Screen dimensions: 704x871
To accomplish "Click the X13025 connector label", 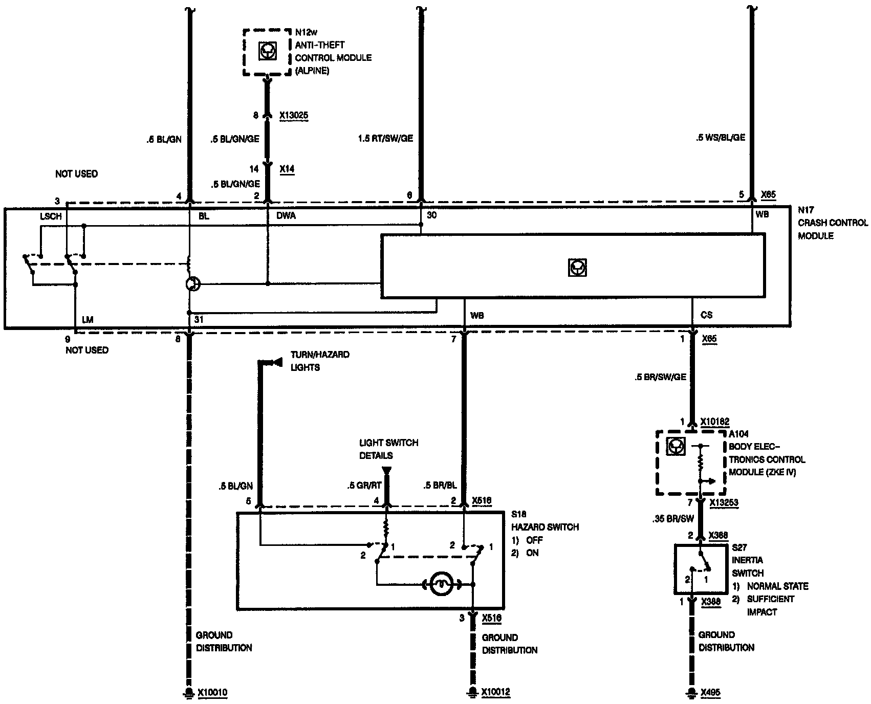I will click(294, 116).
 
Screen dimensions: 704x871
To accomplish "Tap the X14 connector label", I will click(287, 168).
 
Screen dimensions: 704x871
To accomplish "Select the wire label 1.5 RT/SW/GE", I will click(385, 138).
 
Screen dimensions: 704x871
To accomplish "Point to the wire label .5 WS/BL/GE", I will click(720, 138).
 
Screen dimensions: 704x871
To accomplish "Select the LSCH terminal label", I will click(51, 216).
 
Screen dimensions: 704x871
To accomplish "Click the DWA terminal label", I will click(286, 216).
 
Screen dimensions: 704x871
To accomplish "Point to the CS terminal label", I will click(706, 315).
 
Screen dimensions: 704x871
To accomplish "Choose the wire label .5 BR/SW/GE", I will click(660, 377).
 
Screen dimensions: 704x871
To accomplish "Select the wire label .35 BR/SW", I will click(673, 519).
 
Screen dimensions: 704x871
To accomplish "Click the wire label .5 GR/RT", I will click(364, 486).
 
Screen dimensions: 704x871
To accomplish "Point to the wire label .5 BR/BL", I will click(441, 486).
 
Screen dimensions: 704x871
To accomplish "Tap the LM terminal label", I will click(88, 320).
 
